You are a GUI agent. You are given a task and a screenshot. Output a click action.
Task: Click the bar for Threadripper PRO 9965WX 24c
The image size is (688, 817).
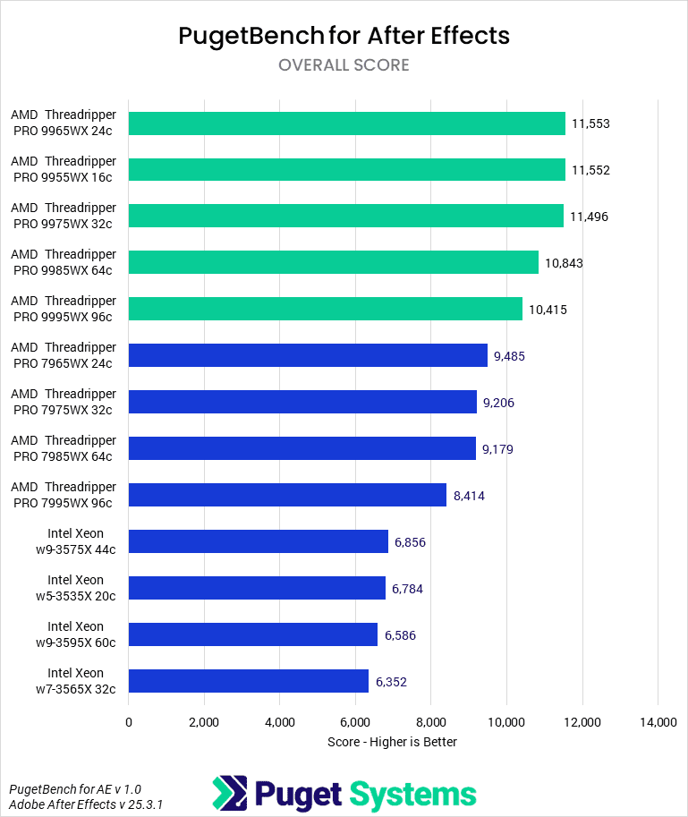(347, 123)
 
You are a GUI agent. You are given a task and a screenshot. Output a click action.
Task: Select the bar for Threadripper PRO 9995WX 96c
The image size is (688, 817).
(326, 309)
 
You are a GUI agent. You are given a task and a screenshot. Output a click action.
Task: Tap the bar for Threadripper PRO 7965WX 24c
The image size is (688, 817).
(308, 355)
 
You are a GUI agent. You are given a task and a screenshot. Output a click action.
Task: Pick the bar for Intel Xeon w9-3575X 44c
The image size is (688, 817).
(259, 541)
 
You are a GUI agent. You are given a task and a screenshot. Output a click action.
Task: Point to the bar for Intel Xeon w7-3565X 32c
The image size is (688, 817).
(249, 681)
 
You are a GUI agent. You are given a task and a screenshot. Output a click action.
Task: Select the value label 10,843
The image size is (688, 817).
(564, 263)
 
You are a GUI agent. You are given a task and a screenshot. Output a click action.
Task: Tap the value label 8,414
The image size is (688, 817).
(469, 496)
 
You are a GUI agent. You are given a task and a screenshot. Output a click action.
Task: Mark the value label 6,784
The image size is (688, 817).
(409, 589)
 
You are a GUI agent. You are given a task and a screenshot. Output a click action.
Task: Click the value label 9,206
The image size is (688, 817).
(498, 403)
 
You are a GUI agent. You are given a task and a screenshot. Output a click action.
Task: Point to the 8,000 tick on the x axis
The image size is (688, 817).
(431, 722)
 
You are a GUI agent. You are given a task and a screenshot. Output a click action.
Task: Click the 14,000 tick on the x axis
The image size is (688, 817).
(658, 722)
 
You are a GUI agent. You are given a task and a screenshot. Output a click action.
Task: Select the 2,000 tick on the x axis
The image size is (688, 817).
(204, 722)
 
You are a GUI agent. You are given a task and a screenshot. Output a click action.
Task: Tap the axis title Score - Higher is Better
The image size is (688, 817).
(392, 742)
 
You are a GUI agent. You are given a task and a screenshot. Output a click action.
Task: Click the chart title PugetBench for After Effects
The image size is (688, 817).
(344, 35)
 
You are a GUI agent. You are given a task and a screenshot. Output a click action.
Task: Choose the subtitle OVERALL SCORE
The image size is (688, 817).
(344, 65)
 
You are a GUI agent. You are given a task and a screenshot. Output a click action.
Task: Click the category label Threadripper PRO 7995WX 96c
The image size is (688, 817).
(64, 495)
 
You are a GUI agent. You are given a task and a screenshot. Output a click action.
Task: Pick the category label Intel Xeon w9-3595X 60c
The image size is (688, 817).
(75, 634)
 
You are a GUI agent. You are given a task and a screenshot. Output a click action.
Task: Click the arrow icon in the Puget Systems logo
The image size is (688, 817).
(230, 793)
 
